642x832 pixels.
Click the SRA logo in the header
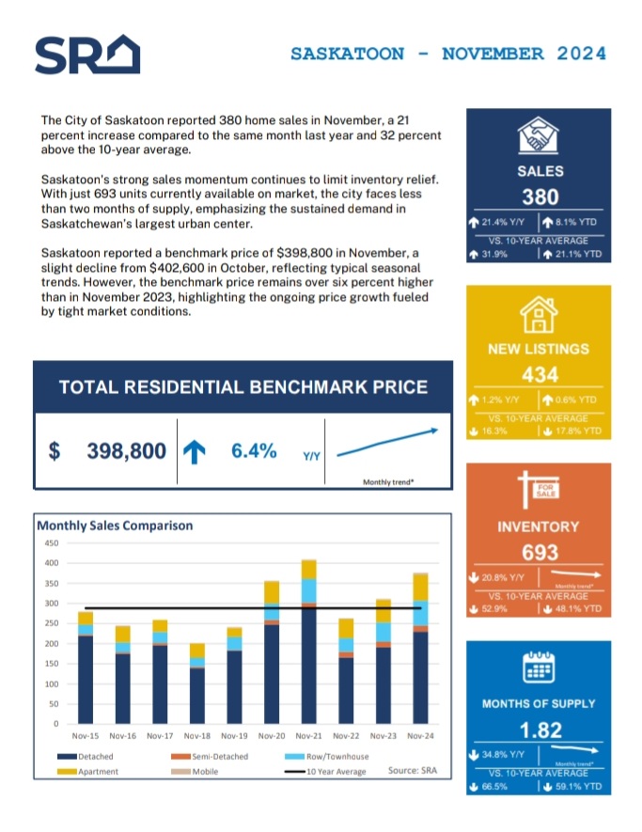[86, 54]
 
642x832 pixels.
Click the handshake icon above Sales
[540, 136]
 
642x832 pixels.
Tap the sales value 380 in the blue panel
[540, 197]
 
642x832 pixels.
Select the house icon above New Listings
[540, 313]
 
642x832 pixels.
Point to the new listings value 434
[540, 375]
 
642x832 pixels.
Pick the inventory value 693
[540, 553]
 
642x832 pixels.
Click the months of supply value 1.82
[540, 730]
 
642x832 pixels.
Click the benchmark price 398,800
[127, 452]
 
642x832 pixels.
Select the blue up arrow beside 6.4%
[194, 452]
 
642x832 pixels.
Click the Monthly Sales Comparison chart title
[115, 526]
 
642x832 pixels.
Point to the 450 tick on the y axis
[52, 543]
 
